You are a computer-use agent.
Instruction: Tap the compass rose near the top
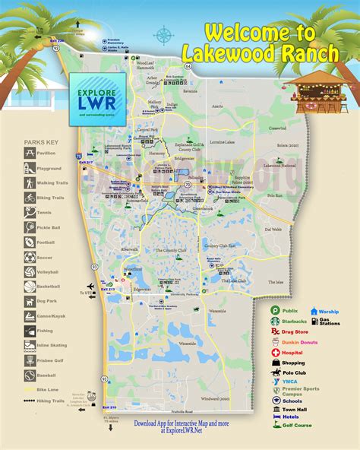(163, 34)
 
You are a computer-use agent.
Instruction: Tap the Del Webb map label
(273, 229)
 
